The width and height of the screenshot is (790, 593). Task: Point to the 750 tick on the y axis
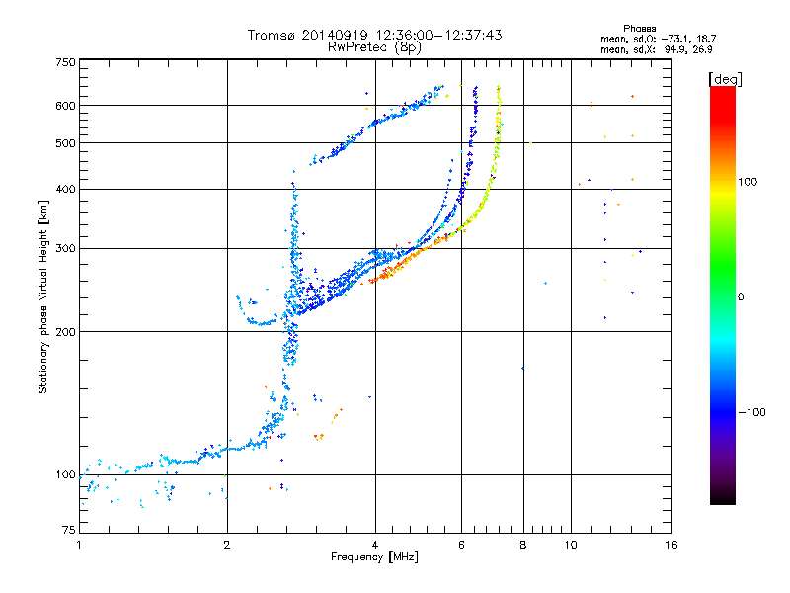pyautogui.click(x=64, y=62)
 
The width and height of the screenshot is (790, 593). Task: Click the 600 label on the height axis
pyautogui.click(x=64, y=105)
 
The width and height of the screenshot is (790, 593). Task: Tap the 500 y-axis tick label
pyautogui.click(x=64, y=142)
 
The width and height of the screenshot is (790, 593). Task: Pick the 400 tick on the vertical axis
pyautogui.click(x=64, y=189)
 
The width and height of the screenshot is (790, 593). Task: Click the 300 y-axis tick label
pyautogui.click(x=64, y=248)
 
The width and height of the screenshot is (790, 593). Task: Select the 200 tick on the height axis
pyautogui.click(x=64, y=331)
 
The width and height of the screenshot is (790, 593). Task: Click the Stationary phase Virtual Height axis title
pyautogui.click(x=43, y=296)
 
